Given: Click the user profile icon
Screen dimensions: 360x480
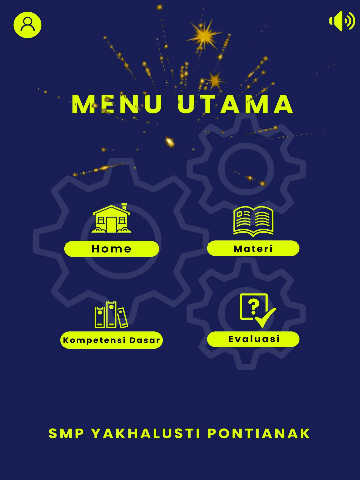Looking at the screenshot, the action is pos(27,25).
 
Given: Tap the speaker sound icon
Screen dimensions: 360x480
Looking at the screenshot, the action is pos(342,21).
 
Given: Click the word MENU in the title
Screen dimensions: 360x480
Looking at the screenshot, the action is pos(117,104).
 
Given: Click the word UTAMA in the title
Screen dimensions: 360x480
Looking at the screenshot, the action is pos(235,104).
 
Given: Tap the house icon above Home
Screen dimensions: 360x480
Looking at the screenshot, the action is pos(111,218).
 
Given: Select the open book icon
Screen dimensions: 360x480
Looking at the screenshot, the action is pos(253,221).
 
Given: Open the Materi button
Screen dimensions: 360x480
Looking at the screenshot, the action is pos(253,249).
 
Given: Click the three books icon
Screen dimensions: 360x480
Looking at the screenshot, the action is pos(111,314).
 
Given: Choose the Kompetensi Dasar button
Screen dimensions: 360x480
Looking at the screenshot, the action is pos(111,340).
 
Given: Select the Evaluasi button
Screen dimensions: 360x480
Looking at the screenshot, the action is pos(253,339).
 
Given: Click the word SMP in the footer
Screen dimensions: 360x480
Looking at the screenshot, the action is pos(66,433).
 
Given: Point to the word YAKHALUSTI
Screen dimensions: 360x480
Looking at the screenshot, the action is pos(145,433).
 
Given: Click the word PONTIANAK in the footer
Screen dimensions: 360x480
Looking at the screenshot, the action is pos(259,433).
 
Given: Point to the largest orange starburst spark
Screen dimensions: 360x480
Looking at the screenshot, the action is pos(204,35).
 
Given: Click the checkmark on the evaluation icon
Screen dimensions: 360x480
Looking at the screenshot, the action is pos(266,318).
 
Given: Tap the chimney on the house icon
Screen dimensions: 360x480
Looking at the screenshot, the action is pos(124,207).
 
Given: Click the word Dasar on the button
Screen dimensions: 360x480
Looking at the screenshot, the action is pos(145,340).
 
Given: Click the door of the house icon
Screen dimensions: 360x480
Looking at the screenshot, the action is pos(111,225).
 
